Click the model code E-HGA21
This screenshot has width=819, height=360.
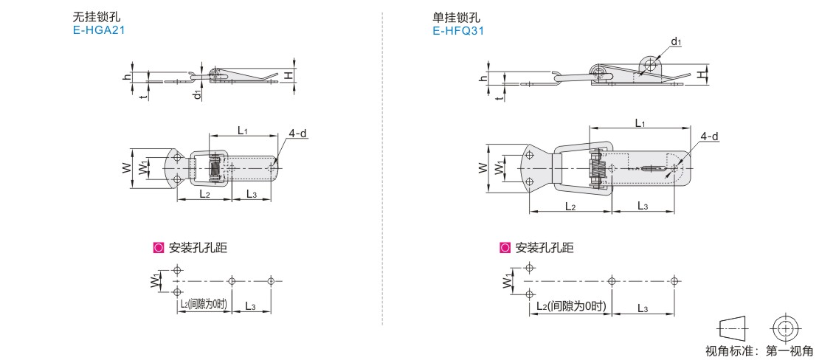tap(99, 30)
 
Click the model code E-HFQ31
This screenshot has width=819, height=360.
tap(458, 31)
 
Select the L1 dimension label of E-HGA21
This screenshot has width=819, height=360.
tap(242, 130)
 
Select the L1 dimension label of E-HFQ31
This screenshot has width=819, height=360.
tap(640, 122)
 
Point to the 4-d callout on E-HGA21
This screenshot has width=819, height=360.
tap(298, 134)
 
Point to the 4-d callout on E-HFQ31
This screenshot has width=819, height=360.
tap(709, 136)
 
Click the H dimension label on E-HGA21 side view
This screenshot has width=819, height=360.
tap(288, 76)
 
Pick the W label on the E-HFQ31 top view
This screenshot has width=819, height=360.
tap(483, 168)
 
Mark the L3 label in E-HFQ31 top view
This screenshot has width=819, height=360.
tap(643, 207)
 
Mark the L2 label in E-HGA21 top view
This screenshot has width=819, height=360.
tap(204, 194)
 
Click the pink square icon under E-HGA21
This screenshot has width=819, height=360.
tap(158, 248)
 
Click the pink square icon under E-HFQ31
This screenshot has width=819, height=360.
tap(505, 248)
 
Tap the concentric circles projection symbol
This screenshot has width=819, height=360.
tap(784, 329)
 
